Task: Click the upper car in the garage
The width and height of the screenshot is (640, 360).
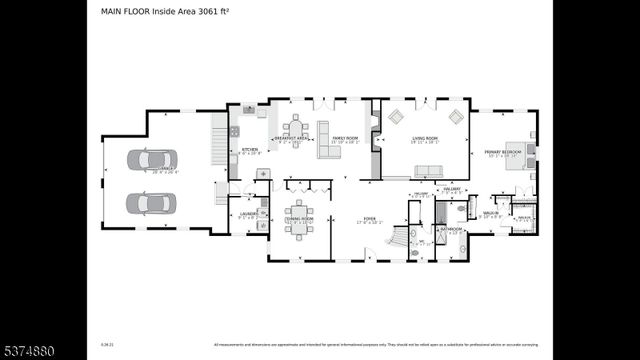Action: [153, 160]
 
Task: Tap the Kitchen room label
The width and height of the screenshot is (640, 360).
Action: [250, 150]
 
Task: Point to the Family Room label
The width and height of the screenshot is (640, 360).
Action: [345, 139]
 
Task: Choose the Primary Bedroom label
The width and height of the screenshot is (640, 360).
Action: [502, 152]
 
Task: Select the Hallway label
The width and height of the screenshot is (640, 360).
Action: [452, 188]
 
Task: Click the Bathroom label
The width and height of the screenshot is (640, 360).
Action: [447, 229]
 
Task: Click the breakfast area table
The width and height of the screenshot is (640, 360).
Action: [294, 127]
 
